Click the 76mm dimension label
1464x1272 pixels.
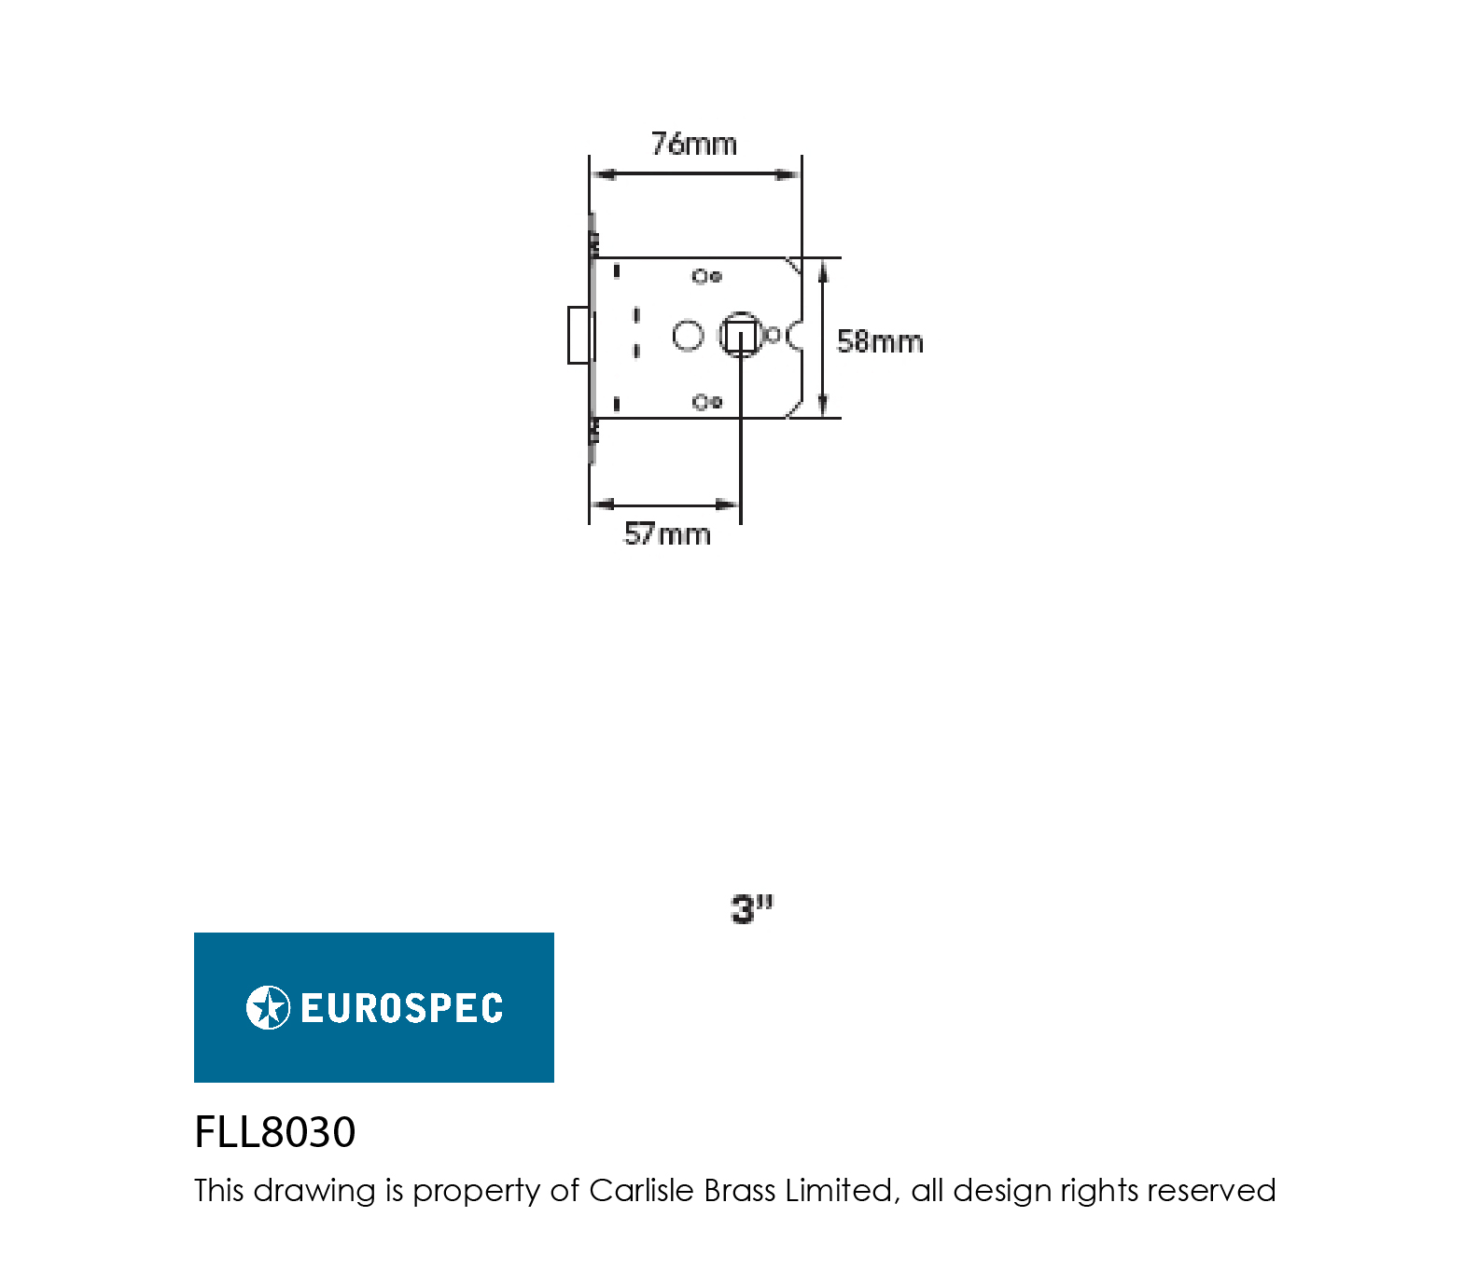pyautogui.click(x=693, y=144)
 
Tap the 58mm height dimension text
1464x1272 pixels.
pyautogui.click(x=880, y=341)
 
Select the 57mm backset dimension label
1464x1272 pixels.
pyautogui.click(x=667, y=534)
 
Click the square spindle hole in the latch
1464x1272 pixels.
pyautogui.click(x=741, y=336)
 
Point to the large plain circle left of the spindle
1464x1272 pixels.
pyautogui.click(x=688, y=336)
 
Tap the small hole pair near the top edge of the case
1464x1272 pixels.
pyautogui.click(x=707, y=276)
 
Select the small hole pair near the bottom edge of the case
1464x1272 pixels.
pyautogui.click(x=707, y=402)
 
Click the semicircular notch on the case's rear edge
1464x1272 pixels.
pyautogui.click(x=793, y=335)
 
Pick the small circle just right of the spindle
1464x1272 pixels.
pyautogui.click(x=773, y=335)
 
